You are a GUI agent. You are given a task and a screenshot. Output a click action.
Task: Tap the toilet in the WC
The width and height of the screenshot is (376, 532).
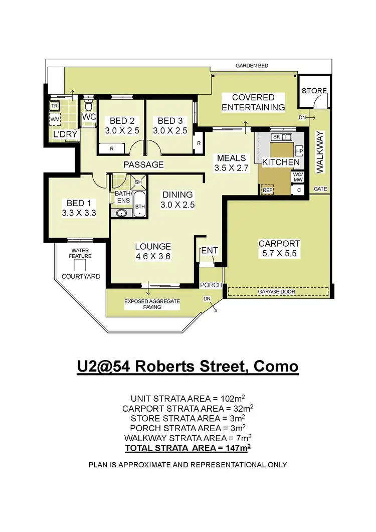[x=88, y=106]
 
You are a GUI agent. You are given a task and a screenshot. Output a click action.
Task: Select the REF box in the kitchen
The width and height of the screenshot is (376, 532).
[x=266, y=190]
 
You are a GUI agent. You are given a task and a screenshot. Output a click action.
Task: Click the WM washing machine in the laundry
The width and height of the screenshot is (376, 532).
[x=54, y=120]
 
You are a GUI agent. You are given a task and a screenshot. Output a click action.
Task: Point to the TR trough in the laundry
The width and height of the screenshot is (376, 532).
[x=54, y=106]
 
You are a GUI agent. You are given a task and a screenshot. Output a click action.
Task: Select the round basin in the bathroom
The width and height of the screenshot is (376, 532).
[x=121, y=213]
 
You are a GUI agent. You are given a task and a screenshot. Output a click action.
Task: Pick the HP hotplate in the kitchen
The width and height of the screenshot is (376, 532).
[x=299, y=151]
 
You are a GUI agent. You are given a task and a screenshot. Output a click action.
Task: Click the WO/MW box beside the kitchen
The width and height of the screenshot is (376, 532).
[x=298, y=176]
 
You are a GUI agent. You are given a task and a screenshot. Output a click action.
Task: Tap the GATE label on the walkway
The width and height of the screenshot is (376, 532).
[x=320, y=189]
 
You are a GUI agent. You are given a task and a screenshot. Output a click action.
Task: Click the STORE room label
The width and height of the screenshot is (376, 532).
[x=314, y=91]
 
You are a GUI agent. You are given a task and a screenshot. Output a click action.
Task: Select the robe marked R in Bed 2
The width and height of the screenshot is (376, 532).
[x=111, y=148]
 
